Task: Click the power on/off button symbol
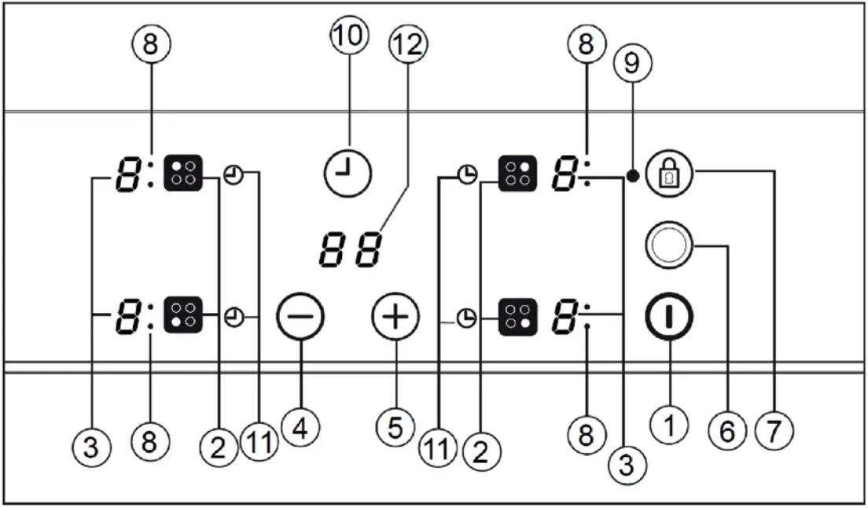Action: [669, 318]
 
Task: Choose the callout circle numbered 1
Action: [669, 425]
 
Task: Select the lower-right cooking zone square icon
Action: [518, 318]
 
